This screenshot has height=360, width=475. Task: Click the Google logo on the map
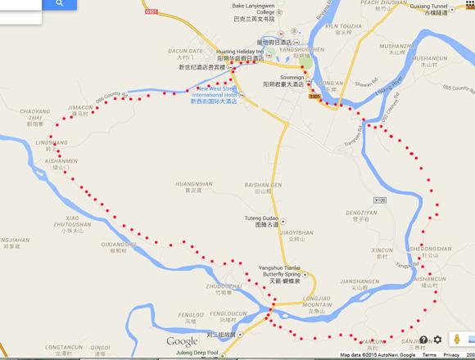coord(182,340)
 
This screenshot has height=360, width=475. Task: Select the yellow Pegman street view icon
coord(457,339)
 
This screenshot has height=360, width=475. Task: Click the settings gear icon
coord(438,339)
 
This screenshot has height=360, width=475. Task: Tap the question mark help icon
coord(419,339)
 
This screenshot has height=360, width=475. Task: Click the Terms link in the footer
coord(429,355)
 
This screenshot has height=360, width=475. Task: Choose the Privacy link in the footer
coord(451,355)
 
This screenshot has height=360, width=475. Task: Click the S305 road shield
coord(315,95)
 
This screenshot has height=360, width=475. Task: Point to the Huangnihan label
coord(192,185)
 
